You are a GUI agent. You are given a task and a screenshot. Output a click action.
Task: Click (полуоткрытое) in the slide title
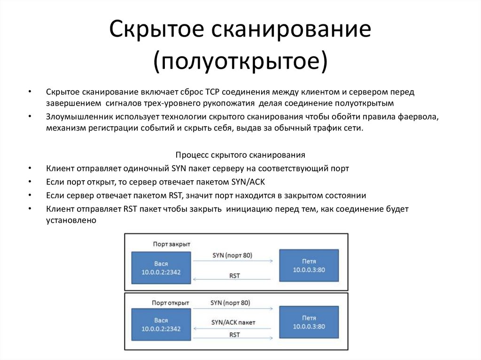click(240, 61)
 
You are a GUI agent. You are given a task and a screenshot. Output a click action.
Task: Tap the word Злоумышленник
click(77, 117)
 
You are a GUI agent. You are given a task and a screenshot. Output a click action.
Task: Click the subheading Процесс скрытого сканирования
click(240, 154)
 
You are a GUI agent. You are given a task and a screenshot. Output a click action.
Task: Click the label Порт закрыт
click(171, 244)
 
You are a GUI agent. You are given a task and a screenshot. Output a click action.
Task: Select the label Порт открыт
click(171, 303)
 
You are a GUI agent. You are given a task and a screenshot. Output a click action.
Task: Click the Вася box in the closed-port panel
click(161, 268)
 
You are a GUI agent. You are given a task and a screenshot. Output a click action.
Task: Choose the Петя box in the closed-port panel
click(309, 266)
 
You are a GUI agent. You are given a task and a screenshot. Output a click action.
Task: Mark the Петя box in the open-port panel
click(309, 322)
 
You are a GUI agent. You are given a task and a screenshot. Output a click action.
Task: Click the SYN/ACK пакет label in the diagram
click(233, 322)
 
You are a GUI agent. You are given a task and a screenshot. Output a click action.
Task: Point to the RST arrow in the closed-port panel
click(233, 280)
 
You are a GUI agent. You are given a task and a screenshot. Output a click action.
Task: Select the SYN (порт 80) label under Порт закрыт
click(232, 255)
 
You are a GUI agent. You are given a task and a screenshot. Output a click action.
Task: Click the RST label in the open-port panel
click(234, 335)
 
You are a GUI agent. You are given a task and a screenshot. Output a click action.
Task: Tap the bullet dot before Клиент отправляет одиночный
click(30, 169)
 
